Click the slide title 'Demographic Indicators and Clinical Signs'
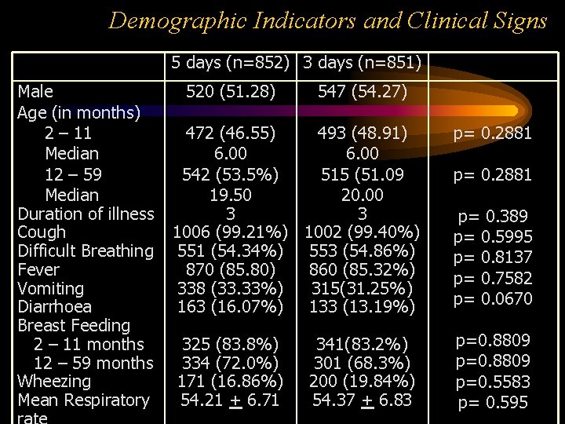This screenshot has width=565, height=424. pos(328,20)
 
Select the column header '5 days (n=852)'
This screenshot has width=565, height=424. pos(231,61)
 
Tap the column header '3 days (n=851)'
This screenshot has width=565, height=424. pos(362,61)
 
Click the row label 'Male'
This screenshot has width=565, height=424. pos(35,92)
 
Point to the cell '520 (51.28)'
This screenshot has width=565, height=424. pos(231,92)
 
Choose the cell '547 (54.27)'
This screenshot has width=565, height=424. pos(362,92)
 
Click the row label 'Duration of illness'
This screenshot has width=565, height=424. pos(86,214)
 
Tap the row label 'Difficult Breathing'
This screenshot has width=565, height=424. pos(86,251)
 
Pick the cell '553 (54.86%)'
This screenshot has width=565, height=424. pos(362,251)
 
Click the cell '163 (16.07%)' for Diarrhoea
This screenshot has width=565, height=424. pos(231,307)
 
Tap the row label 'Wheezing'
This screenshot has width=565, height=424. pos(54,382)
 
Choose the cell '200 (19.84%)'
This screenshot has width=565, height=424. pos(362,382)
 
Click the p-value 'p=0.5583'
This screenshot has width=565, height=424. pos(493,382)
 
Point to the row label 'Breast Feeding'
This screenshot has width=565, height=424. pos(74,325)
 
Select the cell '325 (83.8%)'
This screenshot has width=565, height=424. pos(231,344)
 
